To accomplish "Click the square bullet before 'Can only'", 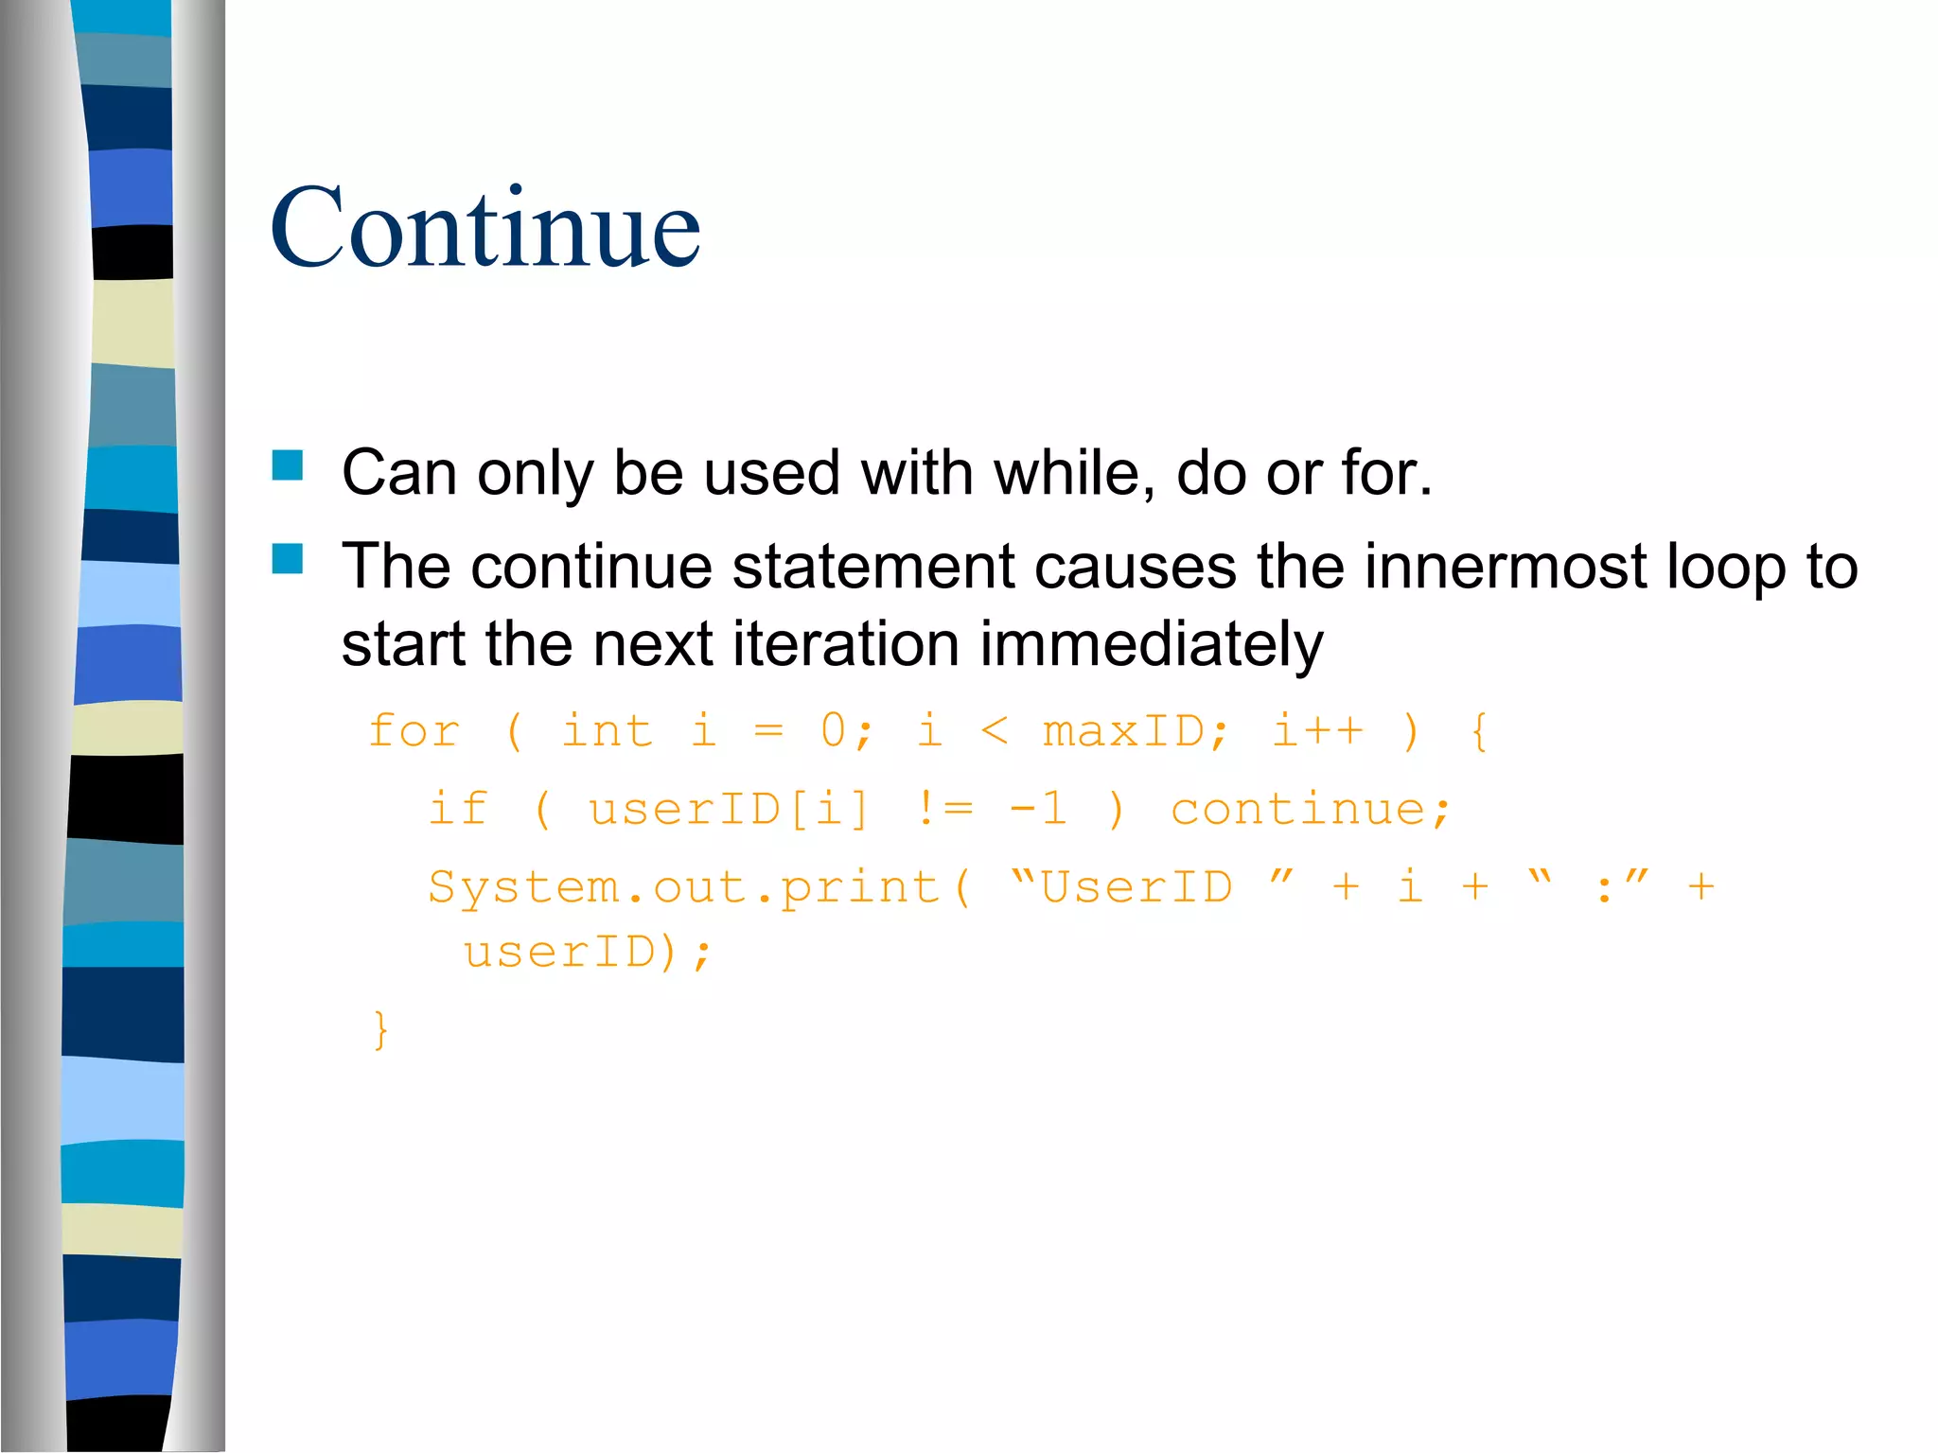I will [288, 465].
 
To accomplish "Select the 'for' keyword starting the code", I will [414, 731].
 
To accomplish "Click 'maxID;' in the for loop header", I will [1136, 731].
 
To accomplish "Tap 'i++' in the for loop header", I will [1317, 731].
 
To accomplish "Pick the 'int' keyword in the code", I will [607, 731].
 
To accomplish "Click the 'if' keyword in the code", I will [458, 809].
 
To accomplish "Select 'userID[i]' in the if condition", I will [729, 810].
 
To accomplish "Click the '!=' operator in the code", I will [944, 809].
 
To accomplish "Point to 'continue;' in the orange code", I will [1311, 809].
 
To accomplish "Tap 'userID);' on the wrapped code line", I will [587, 952].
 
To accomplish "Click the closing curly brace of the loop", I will [380, 1029].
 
